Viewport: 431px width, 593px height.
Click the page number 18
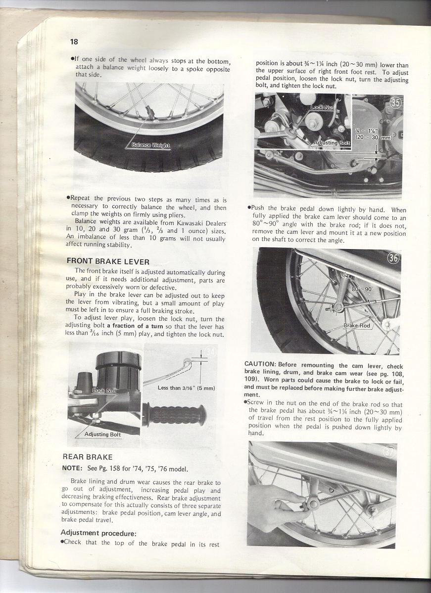[x=74, y=42]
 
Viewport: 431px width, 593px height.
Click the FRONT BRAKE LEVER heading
[x=108, y=261]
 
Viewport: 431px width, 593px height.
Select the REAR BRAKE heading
[x=88, y=457]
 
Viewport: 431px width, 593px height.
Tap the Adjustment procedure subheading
[x=98, y=533]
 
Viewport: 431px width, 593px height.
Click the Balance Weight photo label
[x=151, y=145]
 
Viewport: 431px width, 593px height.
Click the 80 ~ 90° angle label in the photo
[x=362, y=289]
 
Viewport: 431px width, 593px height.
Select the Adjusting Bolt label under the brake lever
[x=102, y=434]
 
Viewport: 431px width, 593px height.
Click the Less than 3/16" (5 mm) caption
[x=186, y=388]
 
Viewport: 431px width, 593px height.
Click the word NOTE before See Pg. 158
[x=72, y=468]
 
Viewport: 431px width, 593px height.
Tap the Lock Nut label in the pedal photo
[x=323, y=107]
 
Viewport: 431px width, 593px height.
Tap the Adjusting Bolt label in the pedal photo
[x=332, y=143]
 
